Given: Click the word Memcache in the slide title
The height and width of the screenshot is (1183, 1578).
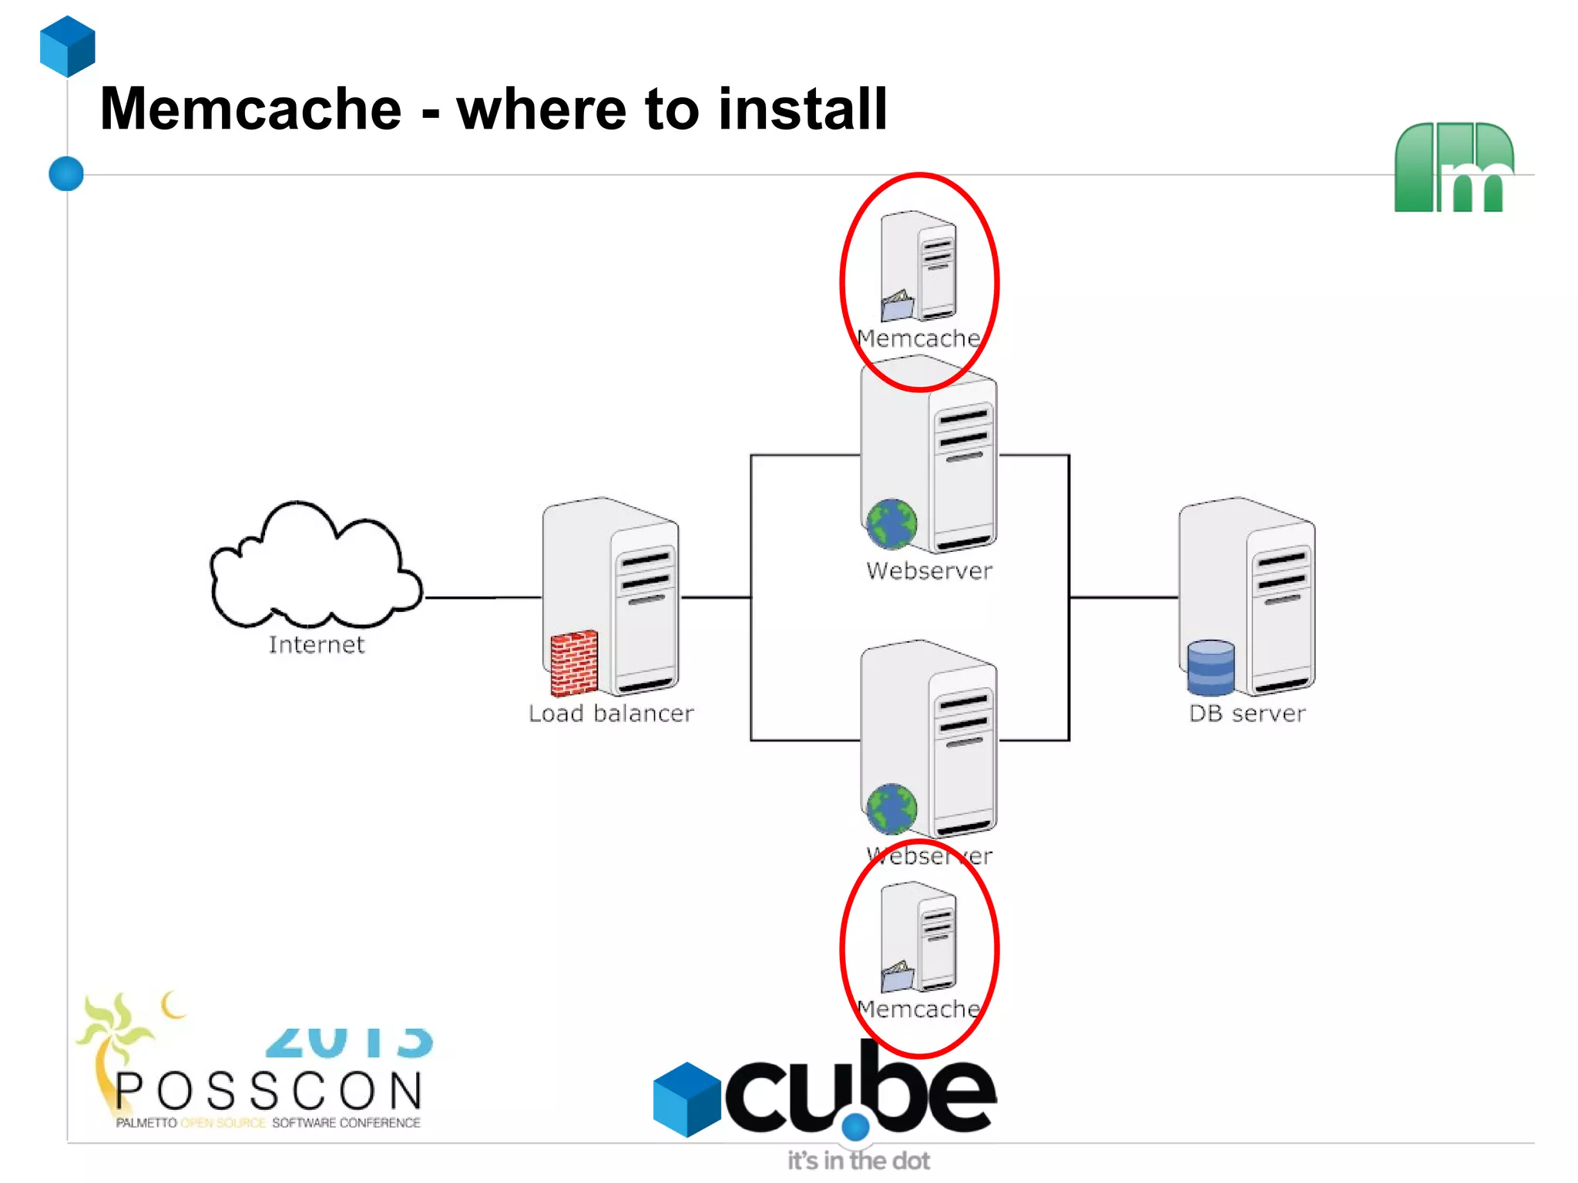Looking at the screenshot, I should [250, 109].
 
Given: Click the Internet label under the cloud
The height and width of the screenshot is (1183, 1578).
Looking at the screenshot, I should [316, 644].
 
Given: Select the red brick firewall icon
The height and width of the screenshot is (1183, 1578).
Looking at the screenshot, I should [574, 662].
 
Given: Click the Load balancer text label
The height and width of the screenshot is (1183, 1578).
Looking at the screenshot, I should [611, 714].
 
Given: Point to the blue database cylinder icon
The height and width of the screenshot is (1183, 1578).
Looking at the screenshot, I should [1210, 667].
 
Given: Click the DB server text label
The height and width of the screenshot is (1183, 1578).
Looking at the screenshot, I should [1247, 714].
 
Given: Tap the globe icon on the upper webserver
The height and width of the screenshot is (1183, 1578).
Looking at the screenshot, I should [891, 524].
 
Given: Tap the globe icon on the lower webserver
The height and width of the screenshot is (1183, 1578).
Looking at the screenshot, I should [891, 808].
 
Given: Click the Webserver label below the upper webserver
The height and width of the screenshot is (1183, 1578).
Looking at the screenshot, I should [929, 571].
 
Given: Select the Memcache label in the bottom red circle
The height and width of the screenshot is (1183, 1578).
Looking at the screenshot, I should [918, 1010].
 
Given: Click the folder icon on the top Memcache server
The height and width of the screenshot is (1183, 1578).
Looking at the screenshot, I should [897, 306].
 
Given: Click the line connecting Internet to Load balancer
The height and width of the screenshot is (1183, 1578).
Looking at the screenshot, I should [482, 597].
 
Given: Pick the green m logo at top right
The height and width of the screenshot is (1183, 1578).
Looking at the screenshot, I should [1454, 167].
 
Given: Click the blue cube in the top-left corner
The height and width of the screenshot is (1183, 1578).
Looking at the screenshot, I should [68, 46].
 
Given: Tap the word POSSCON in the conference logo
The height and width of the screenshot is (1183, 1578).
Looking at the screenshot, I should [269, 1091].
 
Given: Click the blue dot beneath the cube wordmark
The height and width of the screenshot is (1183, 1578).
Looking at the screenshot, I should [855, 1128].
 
